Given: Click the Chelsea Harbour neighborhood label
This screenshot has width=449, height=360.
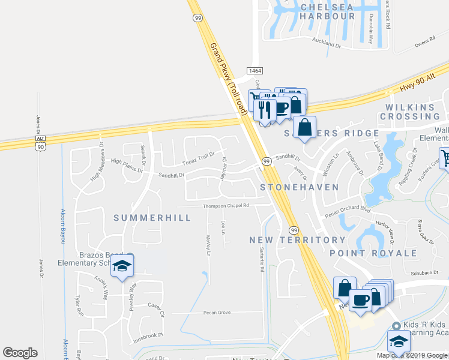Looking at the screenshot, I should tap(327, 11).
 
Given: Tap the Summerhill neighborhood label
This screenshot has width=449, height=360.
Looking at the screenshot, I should tap(152, 217).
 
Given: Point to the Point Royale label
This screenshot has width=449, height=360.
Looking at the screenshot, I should tap(373, 253).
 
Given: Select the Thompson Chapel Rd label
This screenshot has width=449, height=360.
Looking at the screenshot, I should tap(226, 205).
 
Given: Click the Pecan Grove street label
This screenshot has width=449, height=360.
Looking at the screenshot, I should tap(217, 313).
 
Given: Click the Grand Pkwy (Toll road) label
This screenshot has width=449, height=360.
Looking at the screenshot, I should tap(226, 76).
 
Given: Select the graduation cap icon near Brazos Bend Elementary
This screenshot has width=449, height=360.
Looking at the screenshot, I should tap(122, 266).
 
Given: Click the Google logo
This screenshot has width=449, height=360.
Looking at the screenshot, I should tap(20, 353).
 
